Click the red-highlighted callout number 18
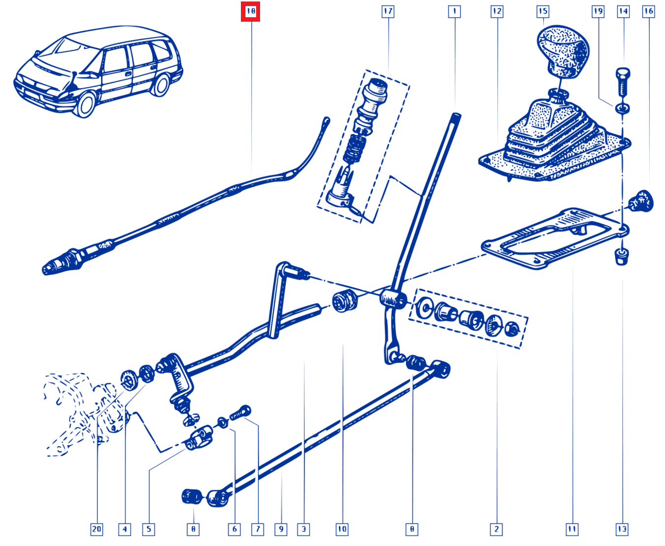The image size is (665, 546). (250, 12)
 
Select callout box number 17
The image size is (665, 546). (388, 12)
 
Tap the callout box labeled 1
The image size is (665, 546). (454, 12)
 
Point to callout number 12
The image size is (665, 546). (497, 12)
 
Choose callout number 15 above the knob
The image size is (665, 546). (543, 12)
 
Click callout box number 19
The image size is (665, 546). (598, 12)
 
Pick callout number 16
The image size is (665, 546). (649, 12)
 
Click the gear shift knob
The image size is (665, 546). (563, 51)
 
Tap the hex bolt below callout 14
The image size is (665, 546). (623, 82)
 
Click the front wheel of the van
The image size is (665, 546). (85, 105)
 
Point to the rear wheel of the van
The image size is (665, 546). (161, 85)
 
